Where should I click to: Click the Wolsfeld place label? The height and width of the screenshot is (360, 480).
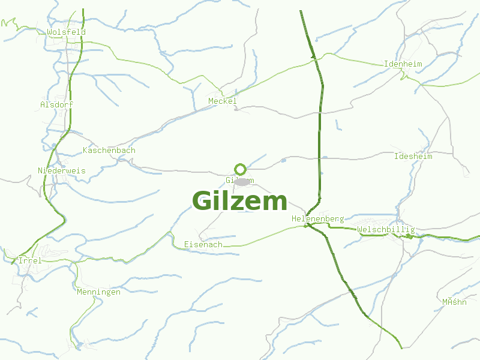point(66,32)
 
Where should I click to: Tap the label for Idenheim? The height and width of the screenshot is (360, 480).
point(403,64)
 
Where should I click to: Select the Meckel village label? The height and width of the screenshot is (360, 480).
point(223,101)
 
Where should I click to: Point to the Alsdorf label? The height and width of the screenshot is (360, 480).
point(56,104)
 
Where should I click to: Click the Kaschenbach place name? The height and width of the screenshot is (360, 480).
point(109,151)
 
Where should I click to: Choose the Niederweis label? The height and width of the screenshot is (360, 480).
point(61,171)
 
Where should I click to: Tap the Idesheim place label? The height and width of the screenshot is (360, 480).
point(413,157)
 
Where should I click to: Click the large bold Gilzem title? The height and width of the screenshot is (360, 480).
point(240,201)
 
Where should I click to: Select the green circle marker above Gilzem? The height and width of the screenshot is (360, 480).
point(241,169)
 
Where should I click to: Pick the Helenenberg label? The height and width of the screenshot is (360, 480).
point(317,219)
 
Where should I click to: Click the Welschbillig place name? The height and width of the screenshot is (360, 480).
point(385,230)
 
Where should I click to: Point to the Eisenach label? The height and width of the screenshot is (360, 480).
point(203,245)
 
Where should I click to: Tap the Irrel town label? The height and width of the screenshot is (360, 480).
point(30,261)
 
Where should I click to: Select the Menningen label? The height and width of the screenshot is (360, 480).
point(98,292)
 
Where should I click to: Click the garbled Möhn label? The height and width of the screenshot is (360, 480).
point(454,302)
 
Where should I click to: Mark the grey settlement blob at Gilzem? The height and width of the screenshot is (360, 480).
point(242,181)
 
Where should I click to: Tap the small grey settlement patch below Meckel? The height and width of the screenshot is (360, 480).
point(238,110)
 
